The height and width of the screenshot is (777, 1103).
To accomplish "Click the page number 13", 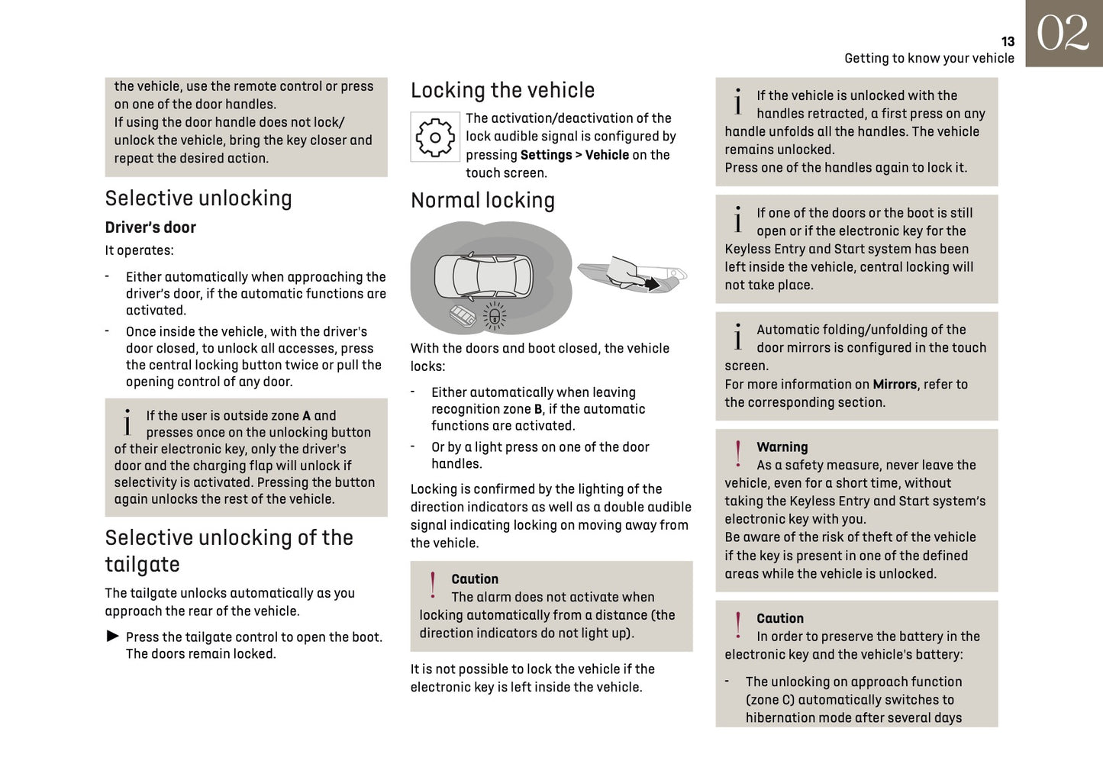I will [x=1008, y=42].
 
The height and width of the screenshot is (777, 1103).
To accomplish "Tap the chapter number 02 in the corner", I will [x=1063, y=34].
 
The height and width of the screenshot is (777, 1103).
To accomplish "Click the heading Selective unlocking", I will [x=198, y=198].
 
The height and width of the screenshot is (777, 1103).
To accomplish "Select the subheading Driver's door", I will [x=150, y=227].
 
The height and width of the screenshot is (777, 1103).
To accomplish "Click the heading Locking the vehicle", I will [x=502, y=90].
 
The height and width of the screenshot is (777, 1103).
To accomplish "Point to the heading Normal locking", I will [x=482, y=201].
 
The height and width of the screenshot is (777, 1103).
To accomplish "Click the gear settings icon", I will [x=435, y=137].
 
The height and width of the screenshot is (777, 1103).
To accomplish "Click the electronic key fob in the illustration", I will [x=463, y=316].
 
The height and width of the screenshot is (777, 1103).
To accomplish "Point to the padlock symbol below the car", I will [x=495, y=316].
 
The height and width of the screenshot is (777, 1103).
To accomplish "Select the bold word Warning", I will [x=782, y=447].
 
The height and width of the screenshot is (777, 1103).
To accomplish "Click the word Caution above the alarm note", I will [x=474, y=579].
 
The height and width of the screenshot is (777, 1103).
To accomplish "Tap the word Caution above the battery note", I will [x=779, y=618].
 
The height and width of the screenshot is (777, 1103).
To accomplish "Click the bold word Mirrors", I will [x=895, y=385].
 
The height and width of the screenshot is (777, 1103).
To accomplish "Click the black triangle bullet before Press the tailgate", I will [x=113, y=637].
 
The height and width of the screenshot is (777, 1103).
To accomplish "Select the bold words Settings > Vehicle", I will [x=574, y=155].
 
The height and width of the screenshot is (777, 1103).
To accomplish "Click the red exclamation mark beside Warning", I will [x=737, y=453].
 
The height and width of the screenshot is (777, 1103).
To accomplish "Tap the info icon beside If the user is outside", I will [x=127, y=422].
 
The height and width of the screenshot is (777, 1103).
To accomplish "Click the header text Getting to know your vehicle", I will [x=929, y=59].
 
